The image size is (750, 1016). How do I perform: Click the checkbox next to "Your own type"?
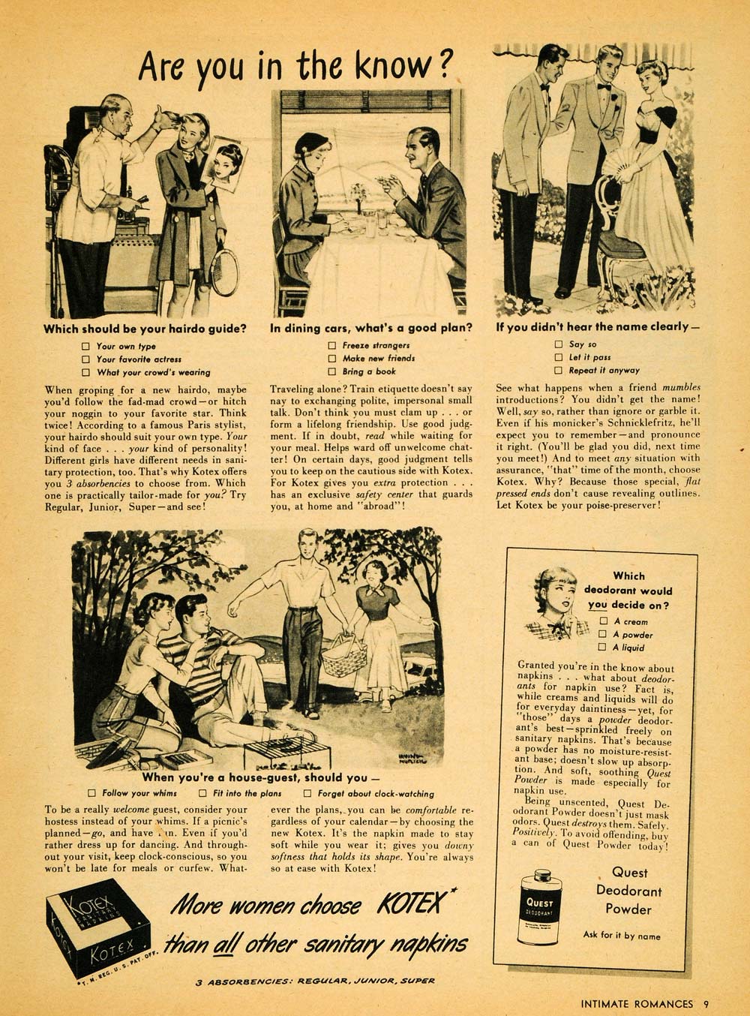click(x=85, y=346)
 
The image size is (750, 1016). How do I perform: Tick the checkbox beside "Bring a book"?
click(x=331, y=371)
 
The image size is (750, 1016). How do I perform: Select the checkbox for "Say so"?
click(x=558, y=344)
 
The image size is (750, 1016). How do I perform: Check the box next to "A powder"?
click(x=603, y=634)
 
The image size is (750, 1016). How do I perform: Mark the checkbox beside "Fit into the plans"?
click(x=202, y=793)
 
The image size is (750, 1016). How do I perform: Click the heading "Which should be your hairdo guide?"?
click(x=145, y=328)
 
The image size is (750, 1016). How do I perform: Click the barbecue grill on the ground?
click(x=278, y=748)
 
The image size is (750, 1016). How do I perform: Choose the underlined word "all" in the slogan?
click(x=222, y=942)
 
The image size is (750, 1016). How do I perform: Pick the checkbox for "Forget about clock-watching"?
click(x=307, y=793)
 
